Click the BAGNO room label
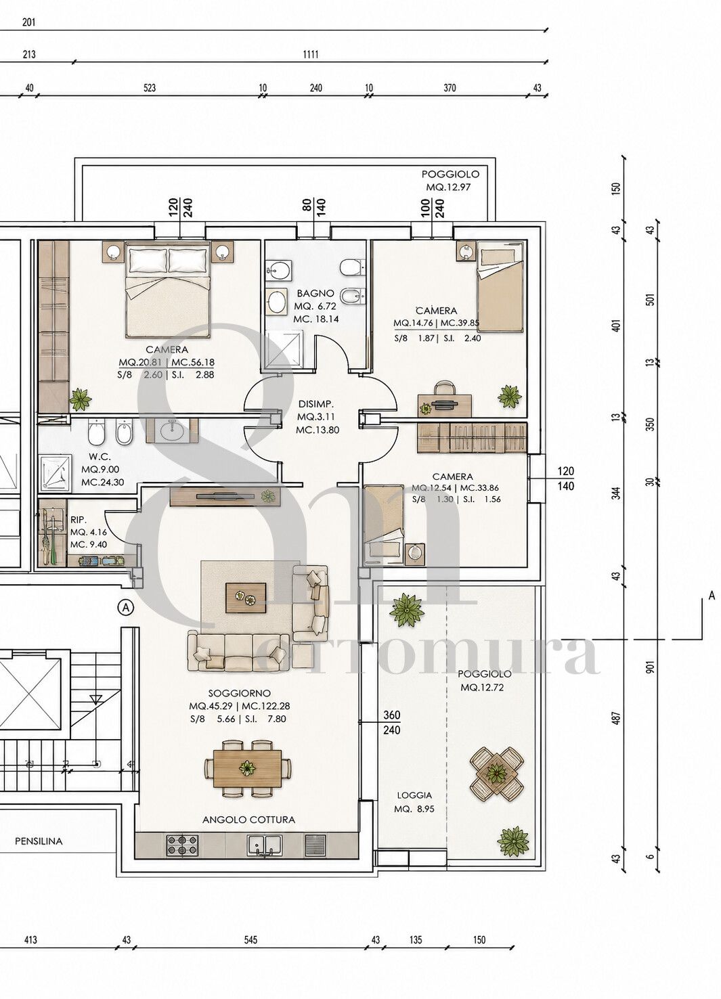(315, 293)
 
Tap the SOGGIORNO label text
(240, 693)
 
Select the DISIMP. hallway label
(316, 404)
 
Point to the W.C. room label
(100, 457)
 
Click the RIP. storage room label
(79, 520)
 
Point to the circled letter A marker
(127, 606)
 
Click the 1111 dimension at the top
(311, 55)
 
